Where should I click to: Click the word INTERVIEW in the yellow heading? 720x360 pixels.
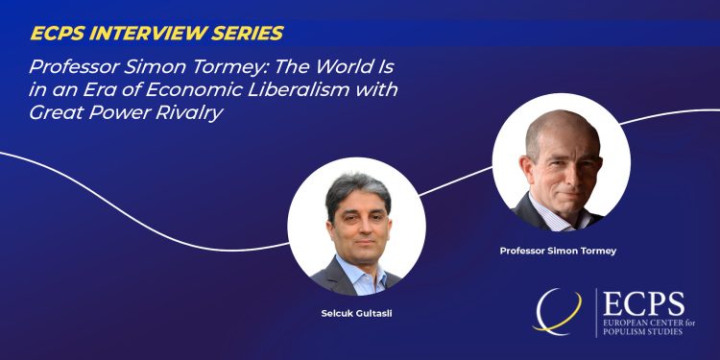click(x=145, y=34)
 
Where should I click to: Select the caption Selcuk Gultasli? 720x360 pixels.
click(x=356, y=314)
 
